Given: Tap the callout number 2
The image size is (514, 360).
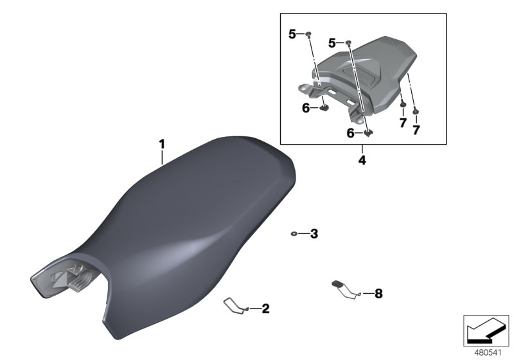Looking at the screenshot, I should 265,309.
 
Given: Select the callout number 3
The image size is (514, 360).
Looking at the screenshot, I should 314,234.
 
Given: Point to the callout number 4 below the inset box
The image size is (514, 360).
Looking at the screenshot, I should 362,160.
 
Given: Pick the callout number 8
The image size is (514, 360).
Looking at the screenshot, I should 378,294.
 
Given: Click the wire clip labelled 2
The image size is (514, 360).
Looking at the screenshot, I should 236,306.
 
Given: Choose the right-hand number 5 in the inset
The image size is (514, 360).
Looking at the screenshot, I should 332,43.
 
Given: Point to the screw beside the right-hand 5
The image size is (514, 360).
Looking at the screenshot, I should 349,42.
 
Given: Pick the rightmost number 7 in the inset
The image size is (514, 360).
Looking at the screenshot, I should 416,130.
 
